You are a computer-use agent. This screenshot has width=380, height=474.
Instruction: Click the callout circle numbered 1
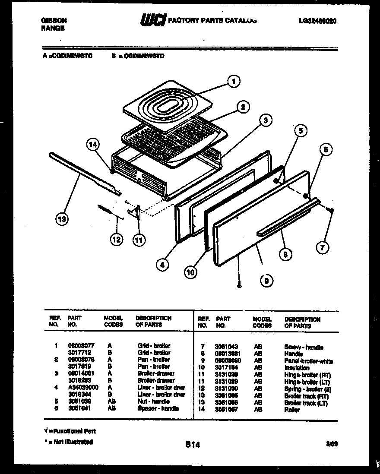click(234, 81)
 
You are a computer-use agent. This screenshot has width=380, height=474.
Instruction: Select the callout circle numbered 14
click(92, 145)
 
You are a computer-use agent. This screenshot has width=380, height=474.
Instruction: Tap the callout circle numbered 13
click(62, 220)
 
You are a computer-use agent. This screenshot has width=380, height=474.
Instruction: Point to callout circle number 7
click(322, 247)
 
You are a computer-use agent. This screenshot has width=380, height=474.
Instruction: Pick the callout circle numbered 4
click(162, 265)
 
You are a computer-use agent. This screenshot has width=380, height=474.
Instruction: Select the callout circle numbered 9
click(266, 281)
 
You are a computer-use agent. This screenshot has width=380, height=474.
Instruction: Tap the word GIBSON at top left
click(54, 20)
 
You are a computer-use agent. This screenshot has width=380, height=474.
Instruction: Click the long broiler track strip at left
click(84, 172)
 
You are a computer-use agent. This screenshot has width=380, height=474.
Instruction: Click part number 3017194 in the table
click(226, 368)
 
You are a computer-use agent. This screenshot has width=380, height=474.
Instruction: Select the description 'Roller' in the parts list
click(292, 410)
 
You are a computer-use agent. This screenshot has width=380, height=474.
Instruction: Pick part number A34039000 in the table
click(83, 387)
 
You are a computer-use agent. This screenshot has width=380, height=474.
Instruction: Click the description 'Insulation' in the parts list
click(297, 368)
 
